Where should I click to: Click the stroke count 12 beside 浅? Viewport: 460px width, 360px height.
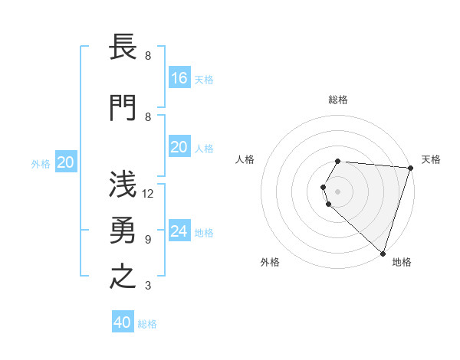148,194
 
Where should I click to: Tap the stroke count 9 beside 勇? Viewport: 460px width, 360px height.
148,240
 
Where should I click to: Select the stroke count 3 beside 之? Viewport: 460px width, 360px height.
148,286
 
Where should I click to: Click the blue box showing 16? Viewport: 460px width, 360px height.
179,77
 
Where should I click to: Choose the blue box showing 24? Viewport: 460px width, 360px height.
179,231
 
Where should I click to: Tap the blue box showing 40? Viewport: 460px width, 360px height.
122,322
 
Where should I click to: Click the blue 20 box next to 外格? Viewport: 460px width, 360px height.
66,162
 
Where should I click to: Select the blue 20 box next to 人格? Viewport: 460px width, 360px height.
179,147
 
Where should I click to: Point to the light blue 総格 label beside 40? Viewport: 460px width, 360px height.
148,324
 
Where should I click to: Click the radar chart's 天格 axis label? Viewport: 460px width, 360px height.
432,159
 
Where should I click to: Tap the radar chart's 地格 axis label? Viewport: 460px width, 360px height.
402,262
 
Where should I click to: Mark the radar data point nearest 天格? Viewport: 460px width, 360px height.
410,168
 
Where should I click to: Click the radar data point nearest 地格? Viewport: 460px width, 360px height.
383,253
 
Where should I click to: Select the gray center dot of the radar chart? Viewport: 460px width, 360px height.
337,191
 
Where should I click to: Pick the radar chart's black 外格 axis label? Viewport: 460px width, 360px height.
270,262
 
